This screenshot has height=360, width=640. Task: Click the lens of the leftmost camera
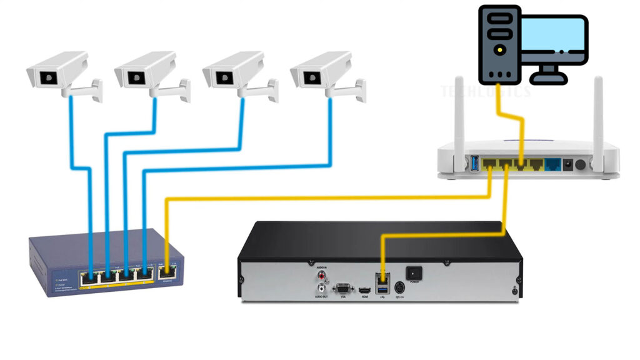coord(47,79)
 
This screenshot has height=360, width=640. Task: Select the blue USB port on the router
coord(474,164)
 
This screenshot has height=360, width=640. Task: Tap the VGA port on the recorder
coord(342,288)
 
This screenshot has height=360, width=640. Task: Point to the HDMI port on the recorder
coord(362,289)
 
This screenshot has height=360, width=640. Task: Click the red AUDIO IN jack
coord(322,274)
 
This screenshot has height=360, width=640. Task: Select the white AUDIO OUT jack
coord(322,288)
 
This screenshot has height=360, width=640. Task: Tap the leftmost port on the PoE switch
coord(87,275)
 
